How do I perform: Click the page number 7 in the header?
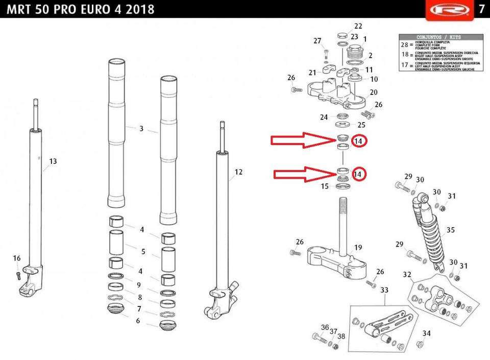[x=481, y=9]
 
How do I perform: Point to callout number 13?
[x=53, y=161]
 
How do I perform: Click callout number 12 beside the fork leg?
[x=238, y=172]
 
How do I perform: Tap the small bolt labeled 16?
[x=19, y=276]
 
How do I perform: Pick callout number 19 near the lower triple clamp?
[x=358, y=248]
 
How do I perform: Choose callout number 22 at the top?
[x=358, y=26]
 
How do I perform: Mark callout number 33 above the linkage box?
[x=384, y=290]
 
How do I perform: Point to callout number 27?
[x=317, y=41]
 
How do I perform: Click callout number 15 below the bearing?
[x=324, y=187]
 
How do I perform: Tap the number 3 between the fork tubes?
[x=141, y=129]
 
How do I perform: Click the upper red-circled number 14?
[x=359, y=141]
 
